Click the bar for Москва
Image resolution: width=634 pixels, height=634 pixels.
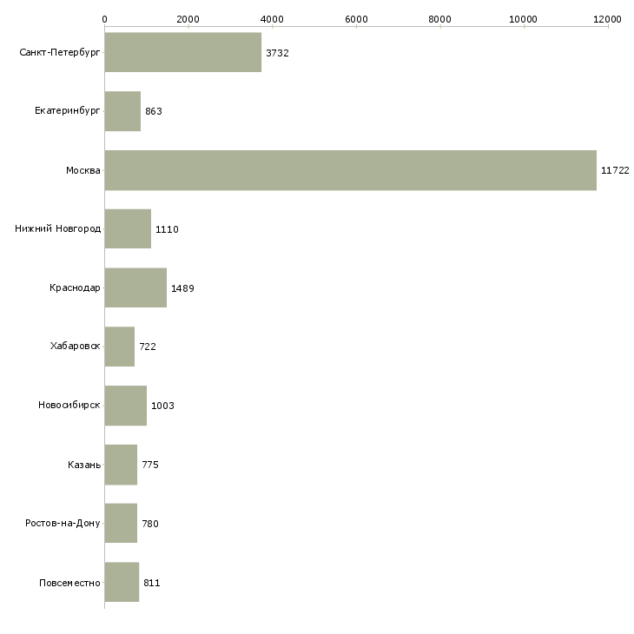coord(350,170)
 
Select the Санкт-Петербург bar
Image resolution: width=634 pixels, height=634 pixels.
coord(182,53)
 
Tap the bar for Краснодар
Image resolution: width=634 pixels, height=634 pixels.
coord(135,287)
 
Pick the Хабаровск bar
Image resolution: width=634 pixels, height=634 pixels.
coord(119,347)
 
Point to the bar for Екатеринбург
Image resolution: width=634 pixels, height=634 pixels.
coord(122,111)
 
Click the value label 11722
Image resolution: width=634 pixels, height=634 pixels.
coord(615,171)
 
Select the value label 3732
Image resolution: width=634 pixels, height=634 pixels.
coord(277,53)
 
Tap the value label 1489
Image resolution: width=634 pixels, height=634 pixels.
coord(182,288)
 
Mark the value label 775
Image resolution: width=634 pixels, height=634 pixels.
coord(150,465)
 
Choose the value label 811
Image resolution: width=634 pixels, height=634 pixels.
coord(151,583)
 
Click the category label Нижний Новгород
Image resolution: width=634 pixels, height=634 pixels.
coord(58,229)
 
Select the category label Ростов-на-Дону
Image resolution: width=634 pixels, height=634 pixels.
coord(63,524)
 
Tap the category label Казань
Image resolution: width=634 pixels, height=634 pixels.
coord(84,465)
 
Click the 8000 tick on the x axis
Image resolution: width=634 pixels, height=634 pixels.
coord(440,18)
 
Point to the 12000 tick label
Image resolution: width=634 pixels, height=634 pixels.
coord(608,18)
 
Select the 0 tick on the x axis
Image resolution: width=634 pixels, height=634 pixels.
coord(105,18)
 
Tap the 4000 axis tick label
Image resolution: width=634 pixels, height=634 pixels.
coord(272,18)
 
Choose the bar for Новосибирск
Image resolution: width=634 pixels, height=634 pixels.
coord(125,406)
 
